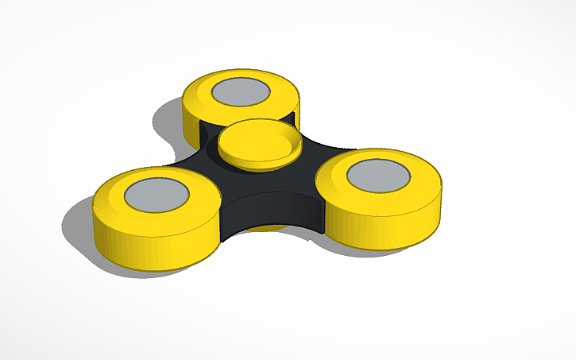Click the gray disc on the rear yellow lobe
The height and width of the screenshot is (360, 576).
[240, 91]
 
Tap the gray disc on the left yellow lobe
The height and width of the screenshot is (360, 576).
[157, 194]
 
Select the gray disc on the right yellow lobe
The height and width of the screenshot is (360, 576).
[378, 174]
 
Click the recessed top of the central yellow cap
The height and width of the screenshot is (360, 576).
[258, 141]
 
